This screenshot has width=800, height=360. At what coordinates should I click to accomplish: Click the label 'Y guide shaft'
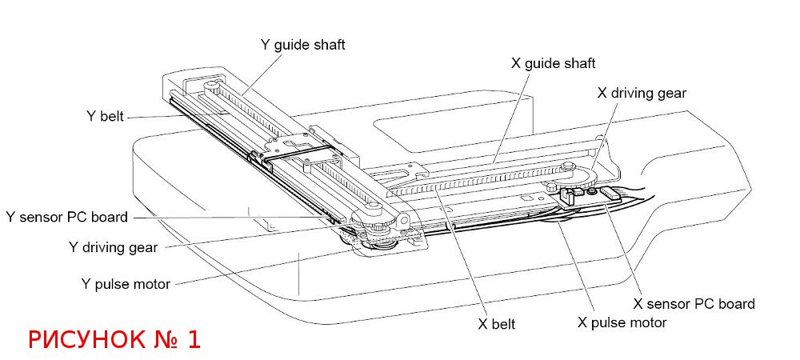coord(303,45)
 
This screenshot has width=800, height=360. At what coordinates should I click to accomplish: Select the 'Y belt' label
coord(105,115)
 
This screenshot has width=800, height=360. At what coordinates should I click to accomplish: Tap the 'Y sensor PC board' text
coord(66,217)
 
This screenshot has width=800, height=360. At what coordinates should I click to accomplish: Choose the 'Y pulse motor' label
coord(126,284)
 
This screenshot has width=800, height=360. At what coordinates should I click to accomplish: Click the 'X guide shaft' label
coord(553,63)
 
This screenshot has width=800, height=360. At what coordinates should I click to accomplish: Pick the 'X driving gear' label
coord(642,93)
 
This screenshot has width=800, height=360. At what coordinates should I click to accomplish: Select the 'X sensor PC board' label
coord(694,304)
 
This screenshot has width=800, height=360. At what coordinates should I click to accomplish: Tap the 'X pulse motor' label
coord(622,322)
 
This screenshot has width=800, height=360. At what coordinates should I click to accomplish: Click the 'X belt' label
coord(496,324)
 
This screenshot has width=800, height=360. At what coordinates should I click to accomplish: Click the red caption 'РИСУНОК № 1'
coord(114,339)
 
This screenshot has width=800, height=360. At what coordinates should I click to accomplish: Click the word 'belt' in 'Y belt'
coord(112,115)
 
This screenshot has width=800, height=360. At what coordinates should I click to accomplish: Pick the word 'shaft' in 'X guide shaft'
coord(579,63)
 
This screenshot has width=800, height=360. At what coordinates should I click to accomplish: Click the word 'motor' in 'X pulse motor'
coord(647,322)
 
